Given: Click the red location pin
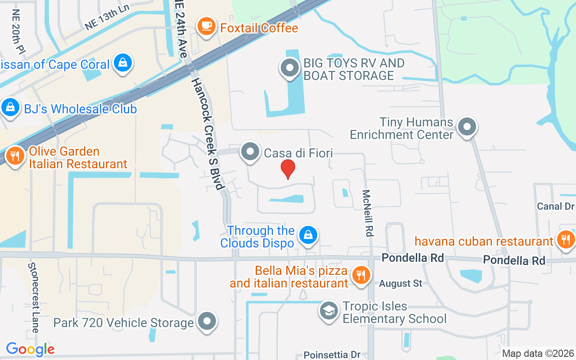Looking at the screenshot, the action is [288, 169].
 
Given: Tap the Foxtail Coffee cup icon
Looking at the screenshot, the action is [207, 26].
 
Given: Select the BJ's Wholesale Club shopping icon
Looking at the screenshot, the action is [9, 108].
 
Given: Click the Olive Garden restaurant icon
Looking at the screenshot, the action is [15, 156].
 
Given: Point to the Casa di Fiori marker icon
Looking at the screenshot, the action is [250, 152].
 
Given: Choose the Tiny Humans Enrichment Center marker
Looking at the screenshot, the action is [467, 127].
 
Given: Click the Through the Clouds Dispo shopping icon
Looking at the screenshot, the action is [308, 235].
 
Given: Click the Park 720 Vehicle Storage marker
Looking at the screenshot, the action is [207, 321].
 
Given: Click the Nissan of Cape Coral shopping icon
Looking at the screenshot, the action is [122, 63].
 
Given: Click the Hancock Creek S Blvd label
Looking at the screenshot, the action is [208, 133].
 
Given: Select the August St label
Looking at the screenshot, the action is [400, 283].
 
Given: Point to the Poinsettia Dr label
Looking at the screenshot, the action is [332, 355].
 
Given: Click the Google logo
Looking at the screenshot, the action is [30, 349].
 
